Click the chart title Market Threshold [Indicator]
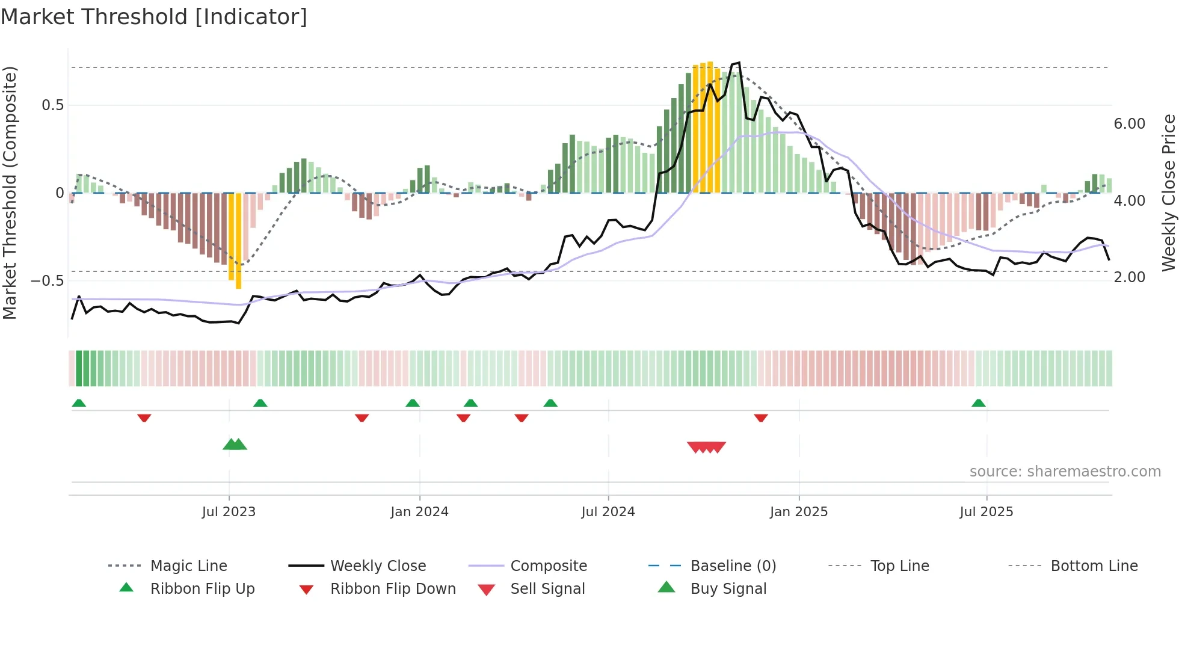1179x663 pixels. [x=154, y=17]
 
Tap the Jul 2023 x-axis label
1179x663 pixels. [x=229, y=512]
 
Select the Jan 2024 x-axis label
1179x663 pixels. [x=419, y=512]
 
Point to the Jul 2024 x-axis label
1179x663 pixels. [x=608, y=512]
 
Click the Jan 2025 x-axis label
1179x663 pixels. [x=799, y=512]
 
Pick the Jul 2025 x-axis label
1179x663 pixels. [x=987, y=512]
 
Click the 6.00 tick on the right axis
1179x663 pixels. [x=1130, y=124]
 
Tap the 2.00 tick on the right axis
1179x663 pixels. [x=1130, y=277]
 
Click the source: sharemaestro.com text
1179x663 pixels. [x=1065, y=472]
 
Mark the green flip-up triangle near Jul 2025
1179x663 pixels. [x=979, y=403]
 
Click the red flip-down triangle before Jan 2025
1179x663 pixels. [x=761, y=418]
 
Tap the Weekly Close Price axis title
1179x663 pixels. [x=1168, y=193]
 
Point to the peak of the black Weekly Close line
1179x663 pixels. [x=739, y=63]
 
